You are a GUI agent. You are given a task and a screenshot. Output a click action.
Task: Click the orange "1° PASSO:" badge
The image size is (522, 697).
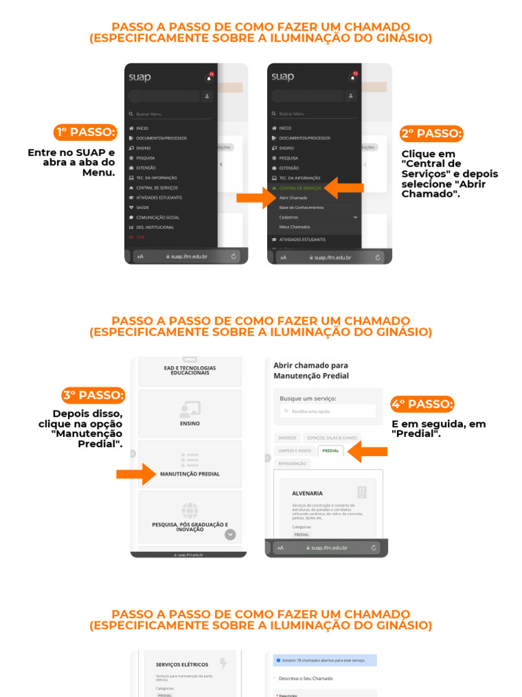tap(86, 132)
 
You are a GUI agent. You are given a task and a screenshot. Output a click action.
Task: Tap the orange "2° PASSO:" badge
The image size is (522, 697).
tap(431, 133)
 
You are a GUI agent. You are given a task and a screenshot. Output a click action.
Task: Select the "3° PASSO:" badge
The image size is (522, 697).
tap(94, 395)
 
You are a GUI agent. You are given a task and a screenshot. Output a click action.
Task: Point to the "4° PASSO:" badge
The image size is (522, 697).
tap(422, 404)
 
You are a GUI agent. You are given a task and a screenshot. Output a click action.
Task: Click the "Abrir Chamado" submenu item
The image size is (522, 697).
tap(294, 197)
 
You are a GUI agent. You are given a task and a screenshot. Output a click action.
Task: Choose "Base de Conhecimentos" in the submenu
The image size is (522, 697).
tap(301, 207)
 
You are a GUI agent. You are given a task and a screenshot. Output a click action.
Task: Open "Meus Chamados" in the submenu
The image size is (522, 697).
tap(294, 227)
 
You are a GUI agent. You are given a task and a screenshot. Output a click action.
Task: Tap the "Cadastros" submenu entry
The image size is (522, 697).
tap(289, 217)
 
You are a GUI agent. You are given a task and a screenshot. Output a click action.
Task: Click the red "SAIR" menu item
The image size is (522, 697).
tap(140, 237)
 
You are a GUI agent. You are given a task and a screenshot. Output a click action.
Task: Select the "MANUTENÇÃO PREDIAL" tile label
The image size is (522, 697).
tap(190, 474)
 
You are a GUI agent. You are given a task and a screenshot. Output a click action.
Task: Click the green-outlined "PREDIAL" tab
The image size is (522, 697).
tap(331, 451)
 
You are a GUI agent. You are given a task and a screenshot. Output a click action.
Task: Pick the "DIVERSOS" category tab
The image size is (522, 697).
tap(288, 438)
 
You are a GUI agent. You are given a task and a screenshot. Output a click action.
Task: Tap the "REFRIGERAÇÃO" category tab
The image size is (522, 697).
tap(292, 464)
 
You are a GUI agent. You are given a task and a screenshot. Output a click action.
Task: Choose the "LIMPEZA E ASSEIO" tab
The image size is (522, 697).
tap(295, 451)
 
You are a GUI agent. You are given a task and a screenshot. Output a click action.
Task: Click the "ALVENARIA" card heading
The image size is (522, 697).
tap(307, 493)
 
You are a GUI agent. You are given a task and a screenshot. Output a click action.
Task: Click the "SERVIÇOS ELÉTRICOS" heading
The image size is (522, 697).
tap(181, 664)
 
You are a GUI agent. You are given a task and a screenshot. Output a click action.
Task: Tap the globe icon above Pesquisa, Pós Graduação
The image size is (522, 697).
tap(190, 509)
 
